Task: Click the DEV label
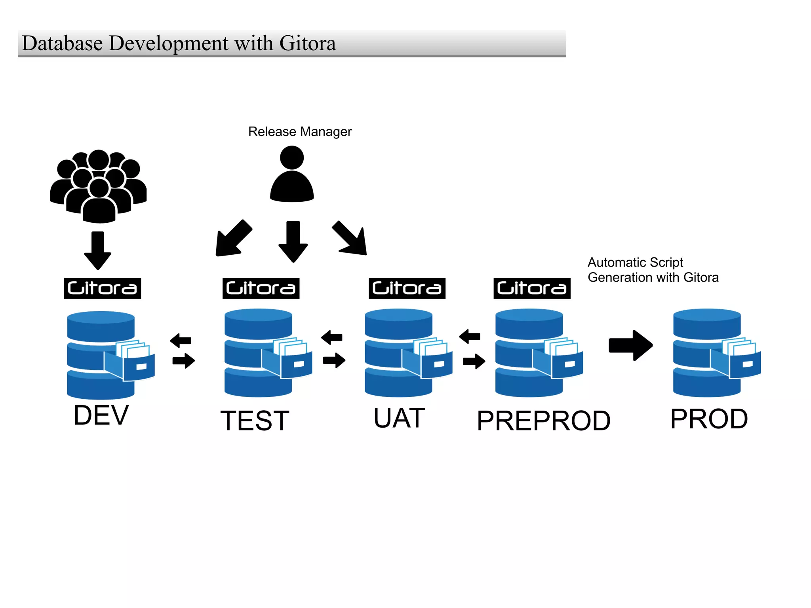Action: pos(101,415)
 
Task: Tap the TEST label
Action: pos(255,420)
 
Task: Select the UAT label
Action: pos(399,418)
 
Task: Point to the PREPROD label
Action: pos(543,420)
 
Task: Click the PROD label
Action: pos(709,419)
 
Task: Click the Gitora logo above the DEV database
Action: pos(103,288)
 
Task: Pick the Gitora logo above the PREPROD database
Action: pos(532,288)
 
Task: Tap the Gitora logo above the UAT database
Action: pos(407,288)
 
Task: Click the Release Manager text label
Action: pos(300,132)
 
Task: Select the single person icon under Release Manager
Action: pos(292,174)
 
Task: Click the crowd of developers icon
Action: pos(99,186)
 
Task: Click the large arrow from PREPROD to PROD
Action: pos(630,345)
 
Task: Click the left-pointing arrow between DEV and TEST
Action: pos(181,340)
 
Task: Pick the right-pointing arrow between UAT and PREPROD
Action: pos(474,361)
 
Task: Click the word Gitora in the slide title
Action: pos(308,43)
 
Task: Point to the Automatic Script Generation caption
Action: pos(653,270)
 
